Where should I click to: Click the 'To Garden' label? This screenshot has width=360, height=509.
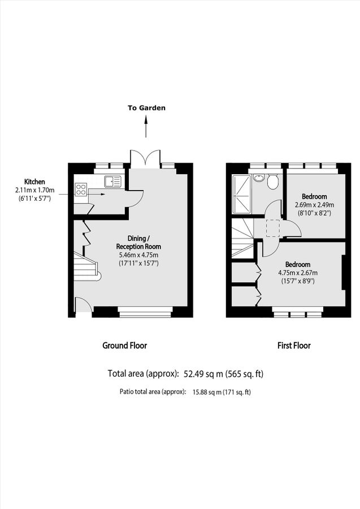tap(146, 107)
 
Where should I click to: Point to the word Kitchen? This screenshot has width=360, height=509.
tap(34, 182)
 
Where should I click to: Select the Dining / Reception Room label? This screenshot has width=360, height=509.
tap(138, 243)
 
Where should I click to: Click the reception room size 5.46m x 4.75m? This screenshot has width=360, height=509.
tap(138, 255)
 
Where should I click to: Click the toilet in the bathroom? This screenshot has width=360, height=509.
tap(272, 182)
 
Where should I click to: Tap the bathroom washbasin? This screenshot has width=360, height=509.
tap(259, 178)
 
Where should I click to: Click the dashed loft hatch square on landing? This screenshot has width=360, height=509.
tap(274, 227)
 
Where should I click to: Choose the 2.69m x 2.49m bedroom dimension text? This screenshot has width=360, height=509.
tap(314, 205)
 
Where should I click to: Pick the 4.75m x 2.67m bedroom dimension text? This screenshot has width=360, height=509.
tap(297, 273)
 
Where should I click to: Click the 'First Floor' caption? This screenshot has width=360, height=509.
tap(293, 346)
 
